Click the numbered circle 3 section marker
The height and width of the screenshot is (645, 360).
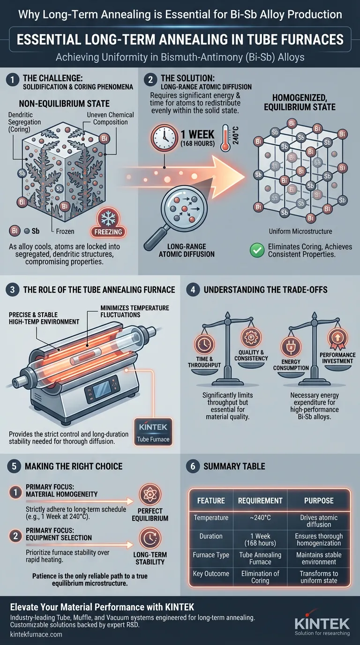11,289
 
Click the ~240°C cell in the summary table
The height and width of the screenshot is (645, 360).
260,518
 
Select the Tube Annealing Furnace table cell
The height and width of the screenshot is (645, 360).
260,559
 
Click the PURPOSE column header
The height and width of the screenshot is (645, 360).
318,501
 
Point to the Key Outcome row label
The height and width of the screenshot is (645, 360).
211,574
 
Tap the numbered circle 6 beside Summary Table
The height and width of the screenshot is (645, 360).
191,466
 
